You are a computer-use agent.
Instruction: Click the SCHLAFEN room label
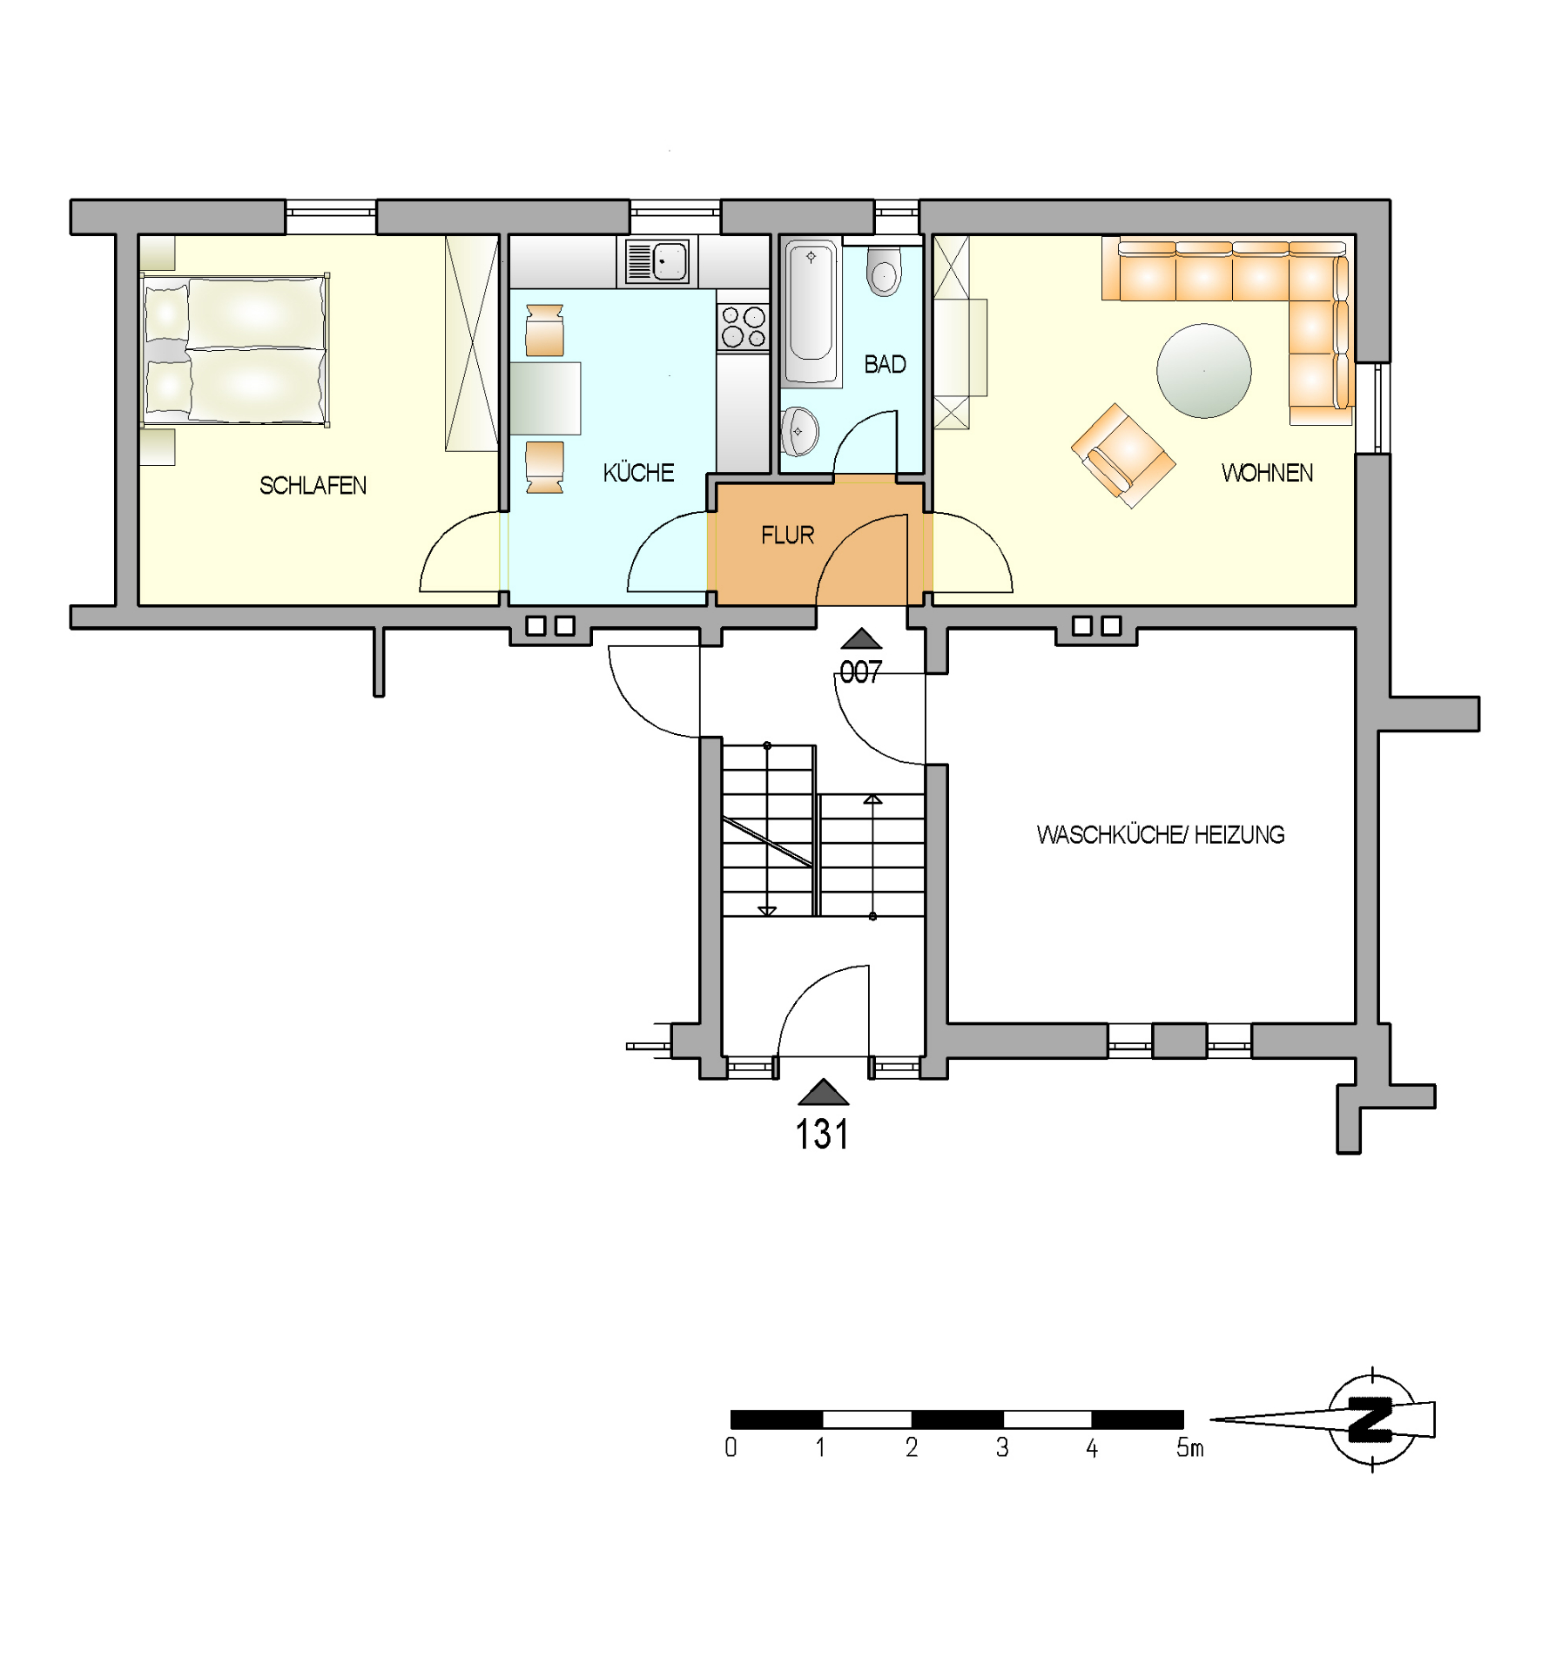(x=313, y=485)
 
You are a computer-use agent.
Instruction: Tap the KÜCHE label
(x=638, y=472)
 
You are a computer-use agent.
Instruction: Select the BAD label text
(x=885, y=364)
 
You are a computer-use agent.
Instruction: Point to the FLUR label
(x=787, y=535)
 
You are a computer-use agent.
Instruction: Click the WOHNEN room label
(x=1267, y=473)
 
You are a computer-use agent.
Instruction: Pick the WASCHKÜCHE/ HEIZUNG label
(x=1160, y=834)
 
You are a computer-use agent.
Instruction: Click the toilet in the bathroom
(x=884, y=271)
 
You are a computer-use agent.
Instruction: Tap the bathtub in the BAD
(x=812, y=313)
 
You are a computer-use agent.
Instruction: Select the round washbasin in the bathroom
(x=798, y=431)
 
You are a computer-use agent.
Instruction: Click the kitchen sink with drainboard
(x=657, y=261)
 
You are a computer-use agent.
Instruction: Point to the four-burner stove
(x=743, y=327)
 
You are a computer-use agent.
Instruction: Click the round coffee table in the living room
(x=1203, y=371)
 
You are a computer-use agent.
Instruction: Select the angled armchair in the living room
(x=1122, y=455)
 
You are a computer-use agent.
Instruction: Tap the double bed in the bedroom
(x=234, y=350)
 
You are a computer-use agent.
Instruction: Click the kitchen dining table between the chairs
(x=545, y=398)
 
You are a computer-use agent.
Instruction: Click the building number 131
(x=822, y=1134)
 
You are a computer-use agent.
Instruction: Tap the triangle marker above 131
(x=823, y=1092)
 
